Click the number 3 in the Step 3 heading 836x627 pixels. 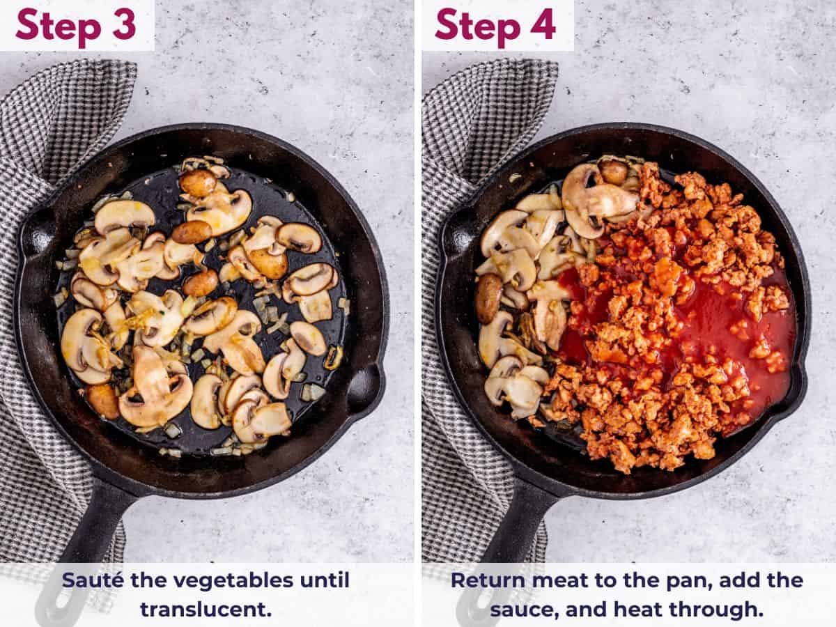pyautogui.click(x=124, y=25)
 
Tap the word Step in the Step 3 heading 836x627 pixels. pyautogui.click(x=59, y=27)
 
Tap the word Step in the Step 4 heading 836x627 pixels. pyautogui.click(x=478, y=27)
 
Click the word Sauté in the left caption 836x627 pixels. pyautogui.click(x=93, y=580)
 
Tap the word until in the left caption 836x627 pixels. pyautogui.click(x=325, y=580)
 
